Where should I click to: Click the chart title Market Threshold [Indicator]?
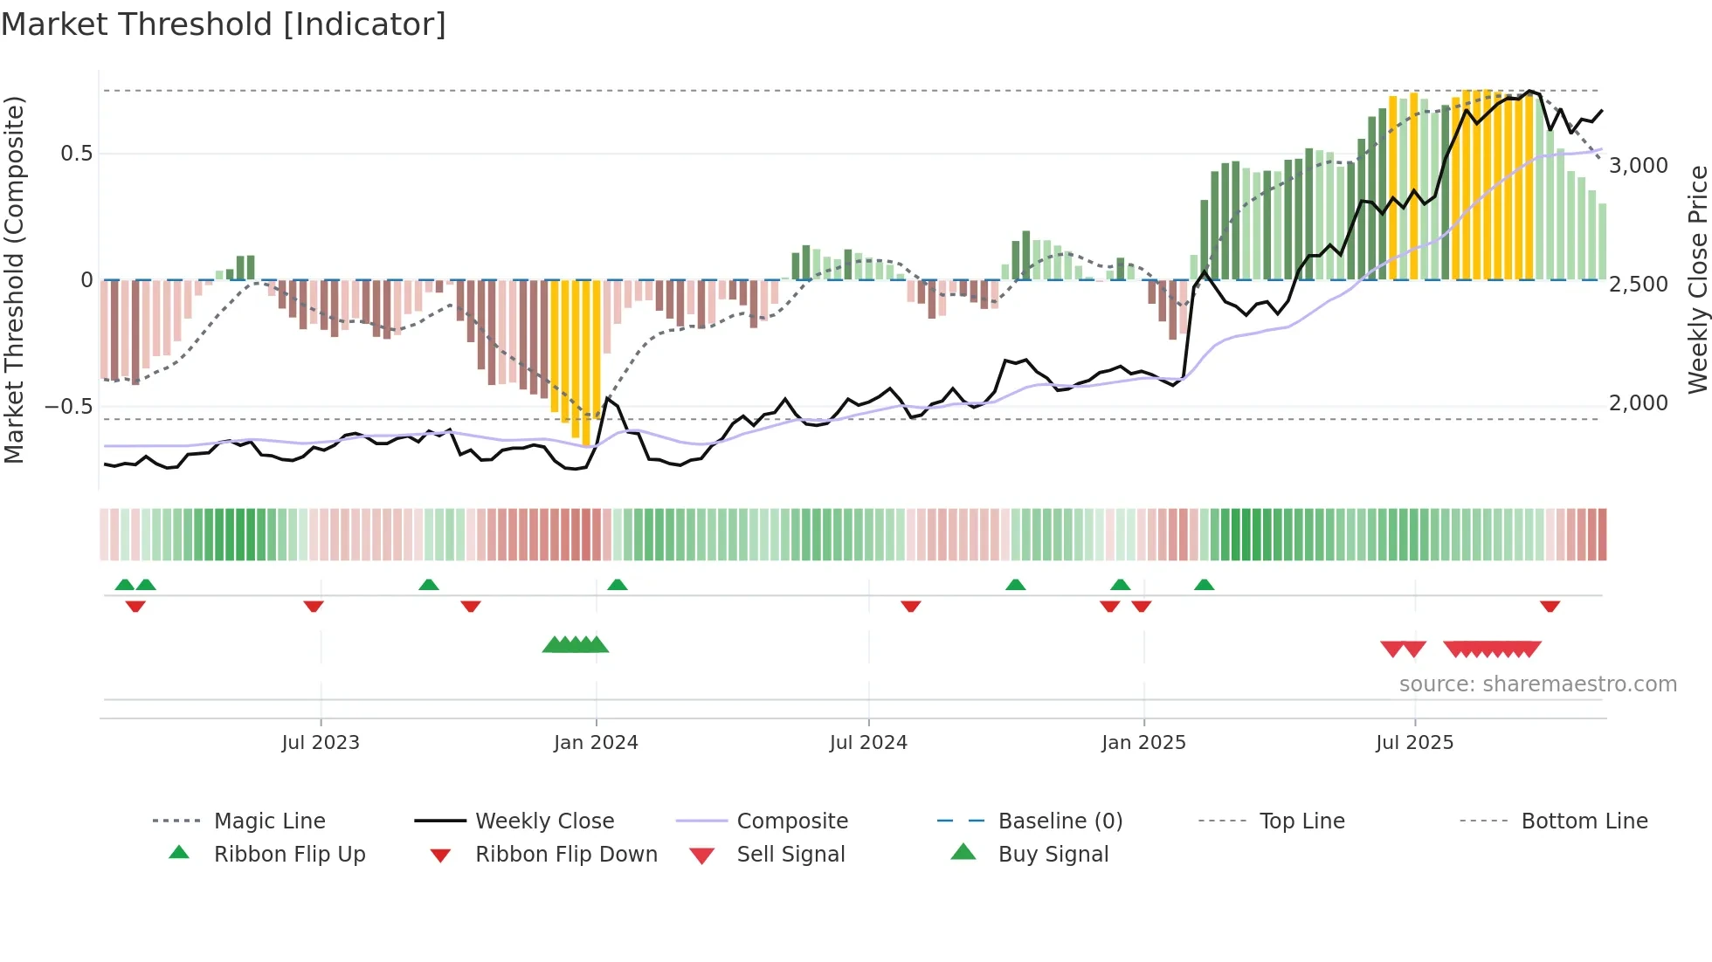pos(224,24)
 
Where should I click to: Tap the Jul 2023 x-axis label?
pos(321,743)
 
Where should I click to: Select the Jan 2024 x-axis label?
pos(596,743)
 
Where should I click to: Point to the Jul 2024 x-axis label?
pos(868,743)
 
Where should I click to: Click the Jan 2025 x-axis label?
pos(1143,743)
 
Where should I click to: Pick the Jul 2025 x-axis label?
pos(1414,743)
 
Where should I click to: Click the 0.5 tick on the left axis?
pos(77,154)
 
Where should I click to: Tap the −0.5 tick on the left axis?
pos(69,407)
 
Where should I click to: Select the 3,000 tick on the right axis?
pos(1639,166)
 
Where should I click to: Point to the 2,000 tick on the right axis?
pos(1639,403)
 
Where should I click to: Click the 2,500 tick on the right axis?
pos(1639,285)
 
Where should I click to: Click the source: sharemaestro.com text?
pos(1537,684)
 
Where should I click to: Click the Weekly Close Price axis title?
pos(1697,279)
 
